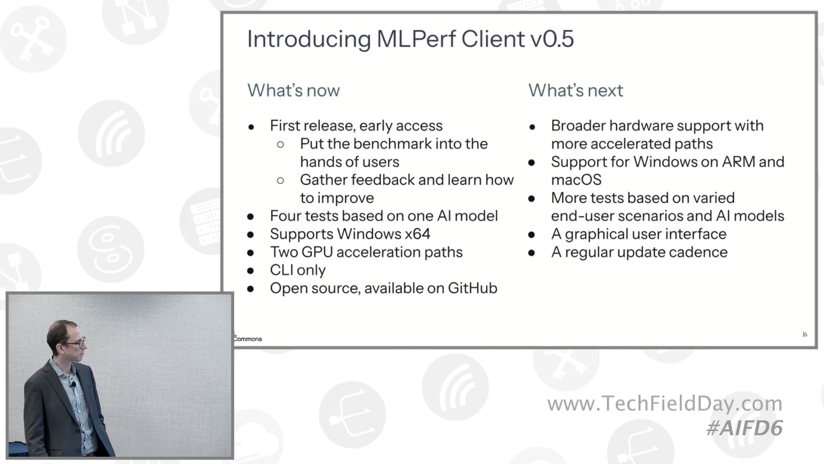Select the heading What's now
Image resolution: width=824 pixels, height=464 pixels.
294,91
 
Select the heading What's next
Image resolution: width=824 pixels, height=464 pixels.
576,91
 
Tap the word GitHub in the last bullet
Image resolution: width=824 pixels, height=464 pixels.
473,288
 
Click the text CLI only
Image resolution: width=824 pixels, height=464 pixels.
297,270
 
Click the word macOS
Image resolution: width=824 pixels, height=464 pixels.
576,180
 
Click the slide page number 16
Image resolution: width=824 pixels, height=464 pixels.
805,334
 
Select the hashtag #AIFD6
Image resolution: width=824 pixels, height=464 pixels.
745,428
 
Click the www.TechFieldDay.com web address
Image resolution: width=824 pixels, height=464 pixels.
665,403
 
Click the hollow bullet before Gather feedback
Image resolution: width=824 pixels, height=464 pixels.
281,180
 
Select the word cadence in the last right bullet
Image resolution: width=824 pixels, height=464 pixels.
703,252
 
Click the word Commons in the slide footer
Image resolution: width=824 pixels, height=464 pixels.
248,339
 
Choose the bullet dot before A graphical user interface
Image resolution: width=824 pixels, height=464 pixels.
532,235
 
